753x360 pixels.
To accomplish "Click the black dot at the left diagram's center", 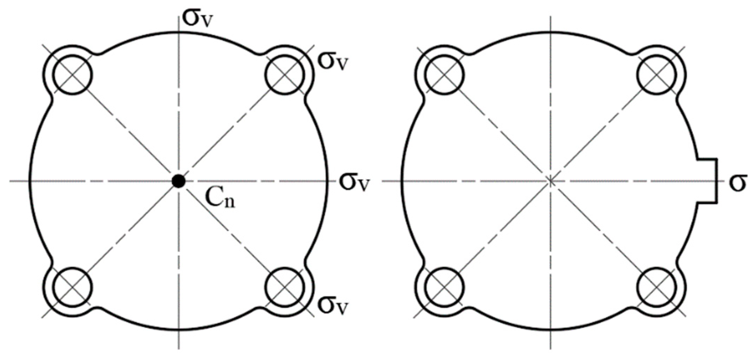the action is (179, 181).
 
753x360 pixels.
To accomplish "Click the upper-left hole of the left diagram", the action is (72, 74).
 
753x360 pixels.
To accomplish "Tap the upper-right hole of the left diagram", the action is (284, 74).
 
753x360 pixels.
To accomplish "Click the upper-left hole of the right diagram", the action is (444, 74).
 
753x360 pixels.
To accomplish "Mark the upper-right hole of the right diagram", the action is (656, 74).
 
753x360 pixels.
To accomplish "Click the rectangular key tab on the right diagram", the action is (706, 181).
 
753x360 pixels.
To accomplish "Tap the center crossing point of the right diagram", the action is (550, 181).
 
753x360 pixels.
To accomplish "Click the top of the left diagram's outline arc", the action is (179, 32).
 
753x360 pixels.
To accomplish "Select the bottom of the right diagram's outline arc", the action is (550, 330).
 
